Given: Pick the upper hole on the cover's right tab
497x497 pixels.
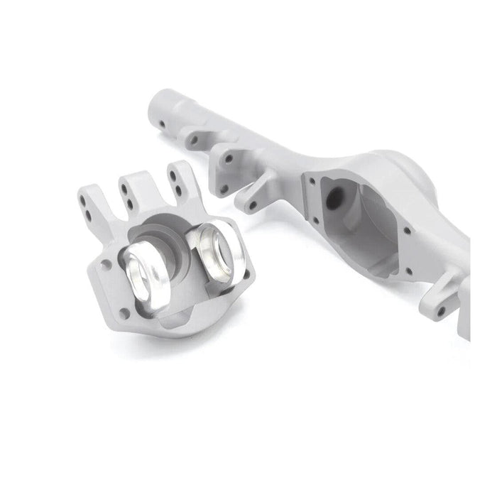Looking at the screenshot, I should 173,179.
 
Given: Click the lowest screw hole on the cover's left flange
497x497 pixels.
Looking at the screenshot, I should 125,312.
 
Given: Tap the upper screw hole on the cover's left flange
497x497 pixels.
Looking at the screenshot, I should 106,265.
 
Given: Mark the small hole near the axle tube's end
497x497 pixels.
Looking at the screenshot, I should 163,124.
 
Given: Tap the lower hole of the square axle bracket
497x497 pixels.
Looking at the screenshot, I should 224,189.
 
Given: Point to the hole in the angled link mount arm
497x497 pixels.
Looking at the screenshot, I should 253,206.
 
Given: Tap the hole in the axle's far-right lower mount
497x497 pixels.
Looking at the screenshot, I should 442,311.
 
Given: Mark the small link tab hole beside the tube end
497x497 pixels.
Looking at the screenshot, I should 194,140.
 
